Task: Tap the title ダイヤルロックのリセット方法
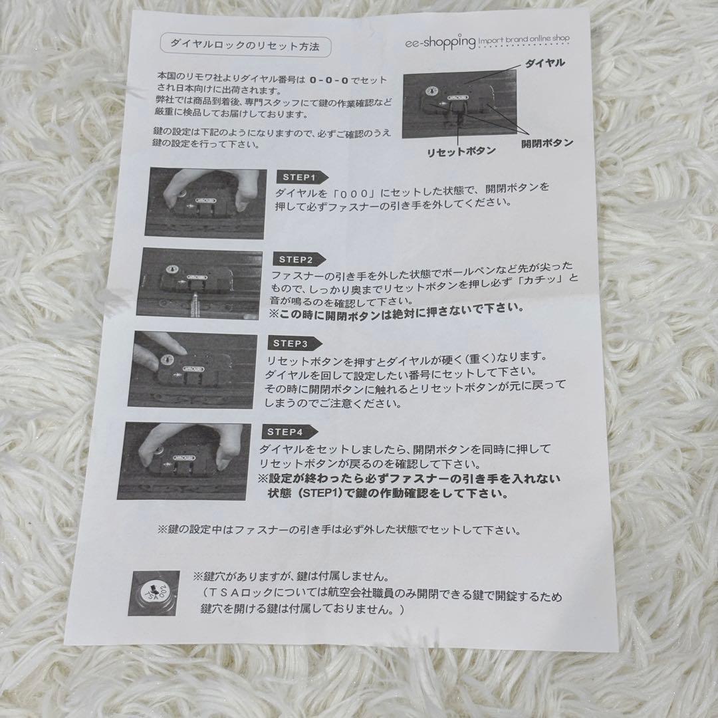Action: coord(245,47)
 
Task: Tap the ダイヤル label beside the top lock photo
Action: coord(544,64)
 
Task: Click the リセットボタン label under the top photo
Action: coord(461,151)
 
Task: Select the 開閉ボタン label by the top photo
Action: coord(547,142)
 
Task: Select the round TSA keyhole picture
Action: coord(154,593)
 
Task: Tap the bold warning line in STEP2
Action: coord(396,308)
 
